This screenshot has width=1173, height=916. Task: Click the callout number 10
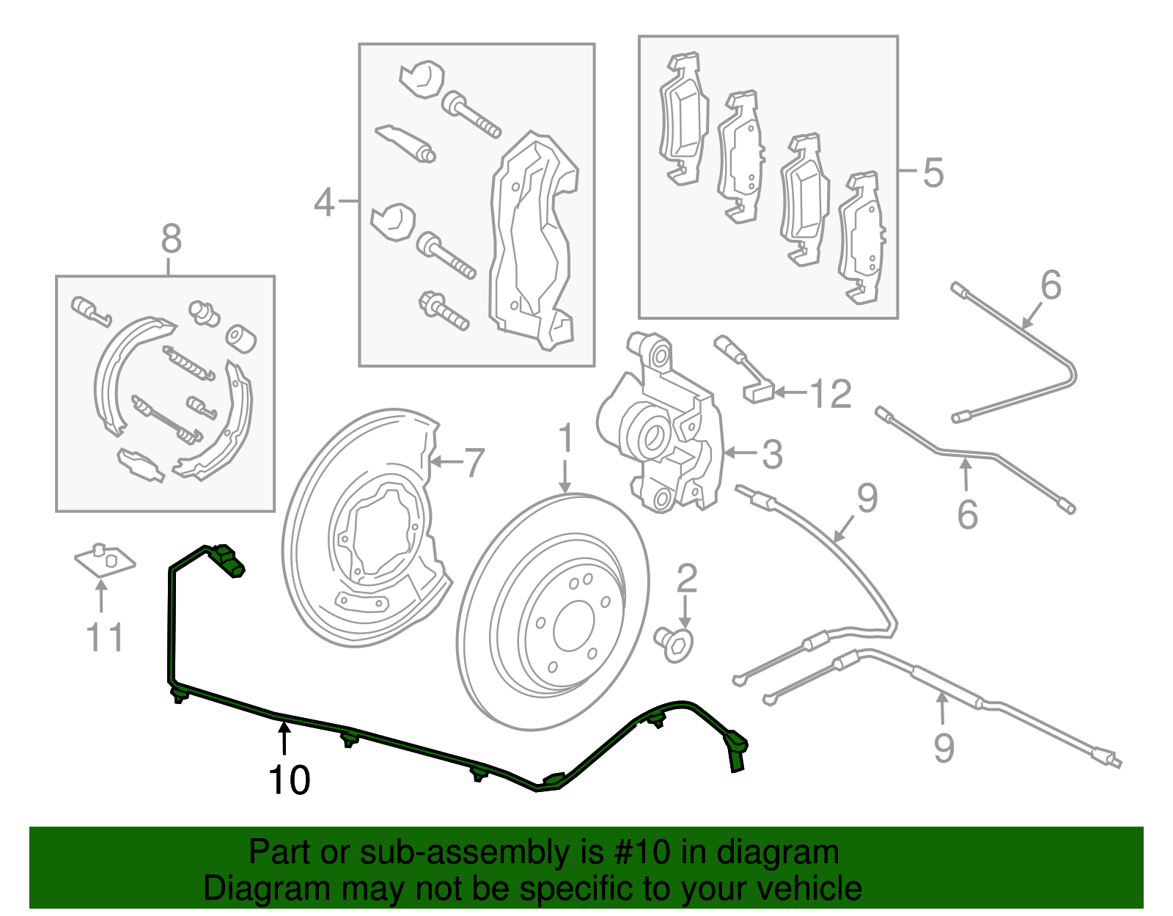(290, 780)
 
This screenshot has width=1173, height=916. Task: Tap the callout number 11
(105, 637)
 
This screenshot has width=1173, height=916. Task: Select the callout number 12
(831, 395)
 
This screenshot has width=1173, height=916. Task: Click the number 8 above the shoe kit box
(170, 239)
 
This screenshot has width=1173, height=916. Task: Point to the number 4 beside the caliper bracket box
(325, 202)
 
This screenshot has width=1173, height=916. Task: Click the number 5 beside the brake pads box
(933, 173)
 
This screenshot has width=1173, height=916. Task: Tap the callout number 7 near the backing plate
(474, 463)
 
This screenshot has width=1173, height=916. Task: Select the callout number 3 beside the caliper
(772, 455)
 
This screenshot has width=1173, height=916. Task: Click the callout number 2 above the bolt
(686, 579)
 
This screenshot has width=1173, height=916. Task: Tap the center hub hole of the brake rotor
(573, 626)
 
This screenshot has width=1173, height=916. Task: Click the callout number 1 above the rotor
(565, 438)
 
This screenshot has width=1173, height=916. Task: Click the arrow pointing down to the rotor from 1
(565, 477)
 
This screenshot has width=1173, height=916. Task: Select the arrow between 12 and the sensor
(790, 393)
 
